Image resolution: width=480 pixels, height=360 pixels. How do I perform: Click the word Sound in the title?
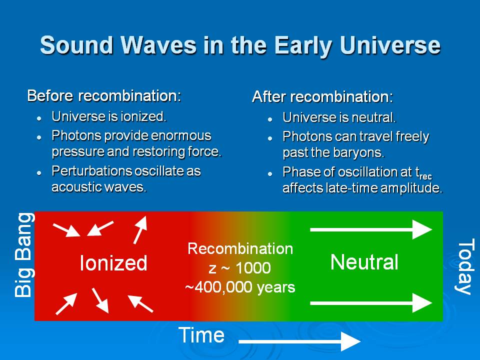pyautogui.click(x=77, y=45)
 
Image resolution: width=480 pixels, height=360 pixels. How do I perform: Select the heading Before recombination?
pyautogui.click(x=104, y=96)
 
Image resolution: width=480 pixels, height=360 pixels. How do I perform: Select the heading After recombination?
pyautogui.click(x=322, y=96)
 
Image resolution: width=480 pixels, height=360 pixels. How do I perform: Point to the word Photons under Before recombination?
pyautogui.click(x=76, y=136)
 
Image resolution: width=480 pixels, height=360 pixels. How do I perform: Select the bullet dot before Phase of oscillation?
pyautogui.click(x=269, y=174)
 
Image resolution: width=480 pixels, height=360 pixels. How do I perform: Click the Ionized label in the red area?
pyautogui.click(x=113, y=263)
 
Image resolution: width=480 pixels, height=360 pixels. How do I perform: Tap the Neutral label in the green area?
pyautogui.click(x=364, y=262)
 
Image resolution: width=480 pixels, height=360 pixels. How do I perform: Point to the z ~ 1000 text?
pyautogui.click(x=239, y=268)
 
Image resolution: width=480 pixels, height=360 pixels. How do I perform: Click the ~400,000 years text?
pyautogui.click(x=240, y=287)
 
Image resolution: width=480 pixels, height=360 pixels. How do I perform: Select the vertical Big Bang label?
pyautogui.click(x=24, y=255)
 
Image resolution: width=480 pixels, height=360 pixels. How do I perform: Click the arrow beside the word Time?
pyautogui.click(x=299, y=341)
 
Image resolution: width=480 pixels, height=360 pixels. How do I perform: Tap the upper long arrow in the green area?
pyautogui.click(x=371, y=229)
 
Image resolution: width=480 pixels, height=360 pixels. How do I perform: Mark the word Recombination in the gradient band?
pyautogui.click(x=240, y=248)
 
